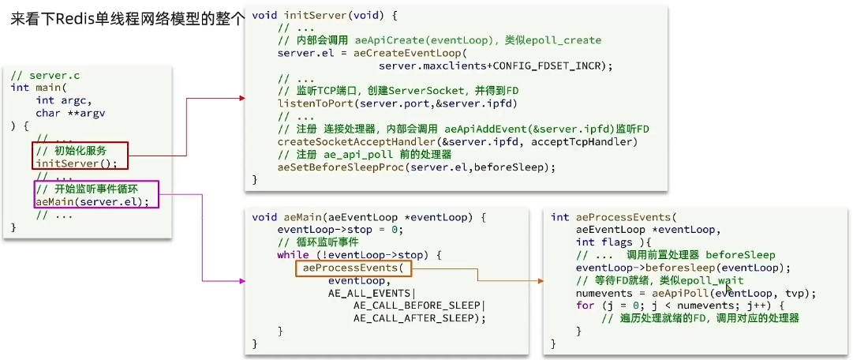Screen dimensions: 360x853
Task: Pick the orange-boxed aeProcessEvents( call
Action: tap(353, 268)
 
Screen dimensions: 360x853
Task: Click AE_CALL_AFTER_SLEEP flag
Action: tap(417, 318)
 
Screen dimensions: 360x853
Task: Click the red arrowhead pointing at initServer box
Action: tap(241, 99)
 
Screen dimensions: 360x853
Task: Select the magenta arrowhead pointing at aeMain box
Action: tap(241, 280)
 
